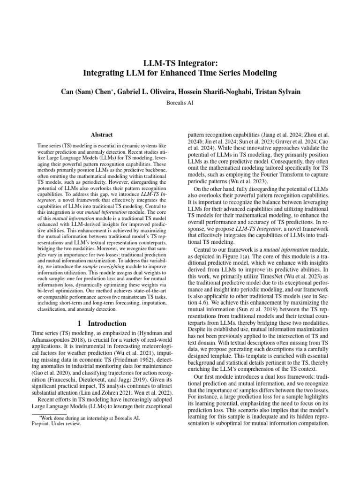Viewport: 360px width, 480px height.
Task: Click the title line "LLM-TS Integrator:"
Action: coord(180,62)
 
